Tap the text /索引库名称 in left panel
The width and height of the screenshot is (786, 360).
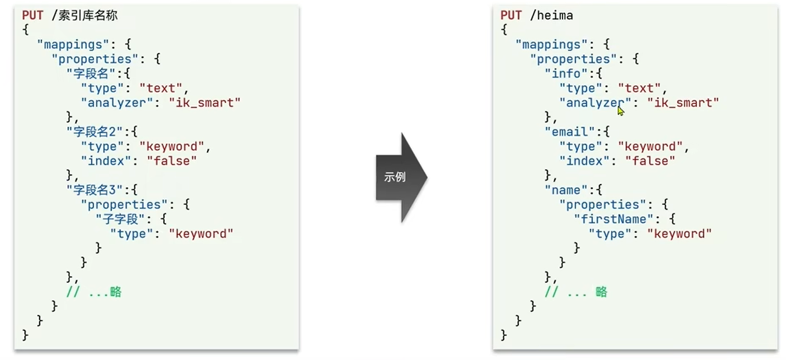click(85, 15)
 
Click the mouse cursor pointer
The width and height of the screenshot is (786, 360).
click(620, 110)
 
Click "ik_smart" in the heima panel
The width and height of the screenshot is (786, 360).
click(682, 102)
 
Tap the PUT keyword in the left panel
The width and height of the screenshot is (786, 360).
click(32, 15)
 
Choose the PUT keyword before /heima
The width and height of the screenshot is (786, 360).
click(511, 15)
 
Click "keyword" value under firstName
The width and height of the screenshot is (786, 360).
click(679, 233)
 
